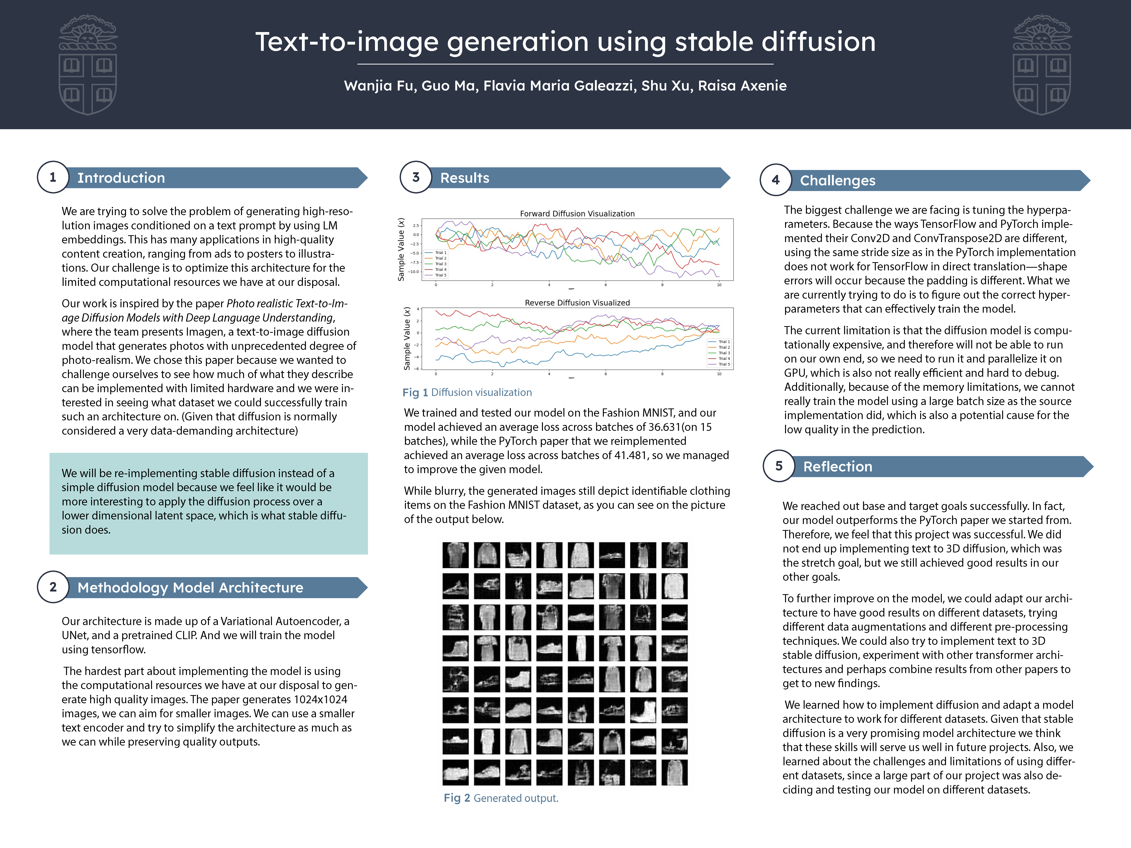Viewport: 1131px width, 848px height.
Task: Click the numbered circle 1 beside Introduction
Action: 53,177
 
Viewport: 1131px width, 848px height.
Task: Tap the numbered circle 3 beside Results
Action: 416,177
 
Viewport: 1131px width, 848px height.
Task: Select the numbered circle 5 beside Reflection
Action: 779,466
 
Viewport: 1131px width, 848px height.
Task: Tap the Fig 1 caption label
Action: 415,393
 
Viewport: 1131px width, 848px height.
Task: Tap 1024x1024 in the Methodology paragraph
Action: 320,699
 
